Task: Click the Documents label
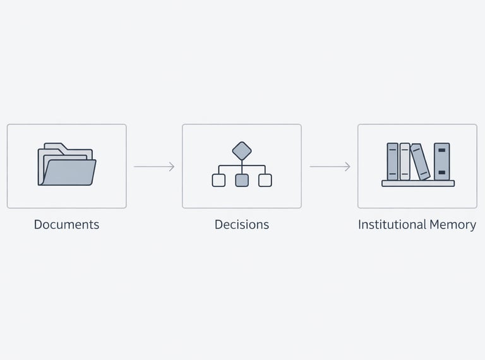pos(66,224)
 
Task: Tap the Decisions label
pos(242,224)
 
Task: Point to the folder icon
pos(66,165)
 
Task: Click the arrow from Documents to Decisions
pos(153,167)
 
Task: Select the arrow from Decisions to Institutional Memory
pos(329,167)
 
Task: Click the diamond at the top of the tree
pos(242,151)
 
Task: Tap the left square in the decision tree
pos(219,180)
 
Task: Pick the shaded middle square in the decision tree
pos(242,180)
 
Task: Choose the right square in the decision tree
pos(265,180)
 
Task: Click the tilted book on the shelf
pos(421,162)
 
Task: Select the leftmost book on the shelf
pos(393,161)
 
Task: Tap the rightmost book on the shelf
pos(442,161)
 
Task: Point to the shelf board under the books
pos(418,183)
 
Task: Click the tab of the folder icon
pos(53,146)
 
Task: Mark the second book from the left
pos(405,161)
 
